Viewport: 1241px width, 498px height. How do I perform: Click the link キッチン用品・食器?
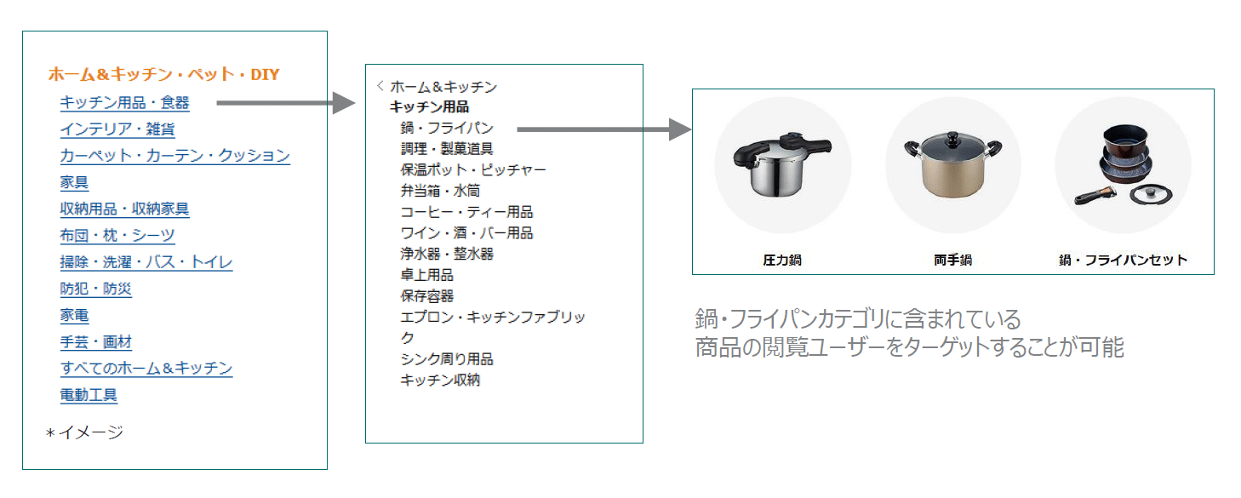click(124, 103)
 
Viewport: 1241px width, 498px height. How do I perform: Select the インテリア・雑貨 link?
click(117, 129)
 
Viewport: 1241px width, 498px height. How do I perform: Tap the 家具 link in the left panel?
click(74, 182)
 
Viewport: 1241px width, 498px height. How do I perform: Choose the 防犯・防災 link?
click(95, 289)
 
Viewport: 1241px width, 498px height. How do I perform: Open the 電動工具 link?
click(89, 395)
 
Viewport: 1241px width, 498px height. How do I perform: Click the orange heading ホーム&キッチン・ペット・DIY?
click(163, 74)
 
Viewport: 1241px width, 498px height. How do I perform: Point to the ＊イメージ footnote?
click(84, 432)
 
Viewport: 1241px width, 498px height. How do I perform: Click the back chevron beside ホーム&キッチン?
click(380, 86)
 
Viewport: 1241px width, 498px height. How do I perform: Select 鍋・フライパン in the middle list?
click(447, 128)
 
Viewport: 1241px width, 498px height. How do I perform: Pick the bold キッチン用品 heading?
click(429, 107)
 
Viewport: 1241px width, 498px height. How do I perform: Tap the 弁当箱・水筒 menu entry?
click(440, 191)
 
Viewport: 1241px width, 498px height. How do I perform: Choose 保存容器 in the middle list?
click(427, 296)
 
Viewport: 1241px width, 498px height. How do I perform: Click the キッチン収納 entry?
click(440, 380)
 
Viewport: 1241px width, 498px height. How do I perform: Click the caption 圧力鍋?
click(781, 260)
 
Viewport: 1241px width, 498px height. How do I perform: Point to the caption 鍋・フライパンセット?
click(1123, 260)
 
